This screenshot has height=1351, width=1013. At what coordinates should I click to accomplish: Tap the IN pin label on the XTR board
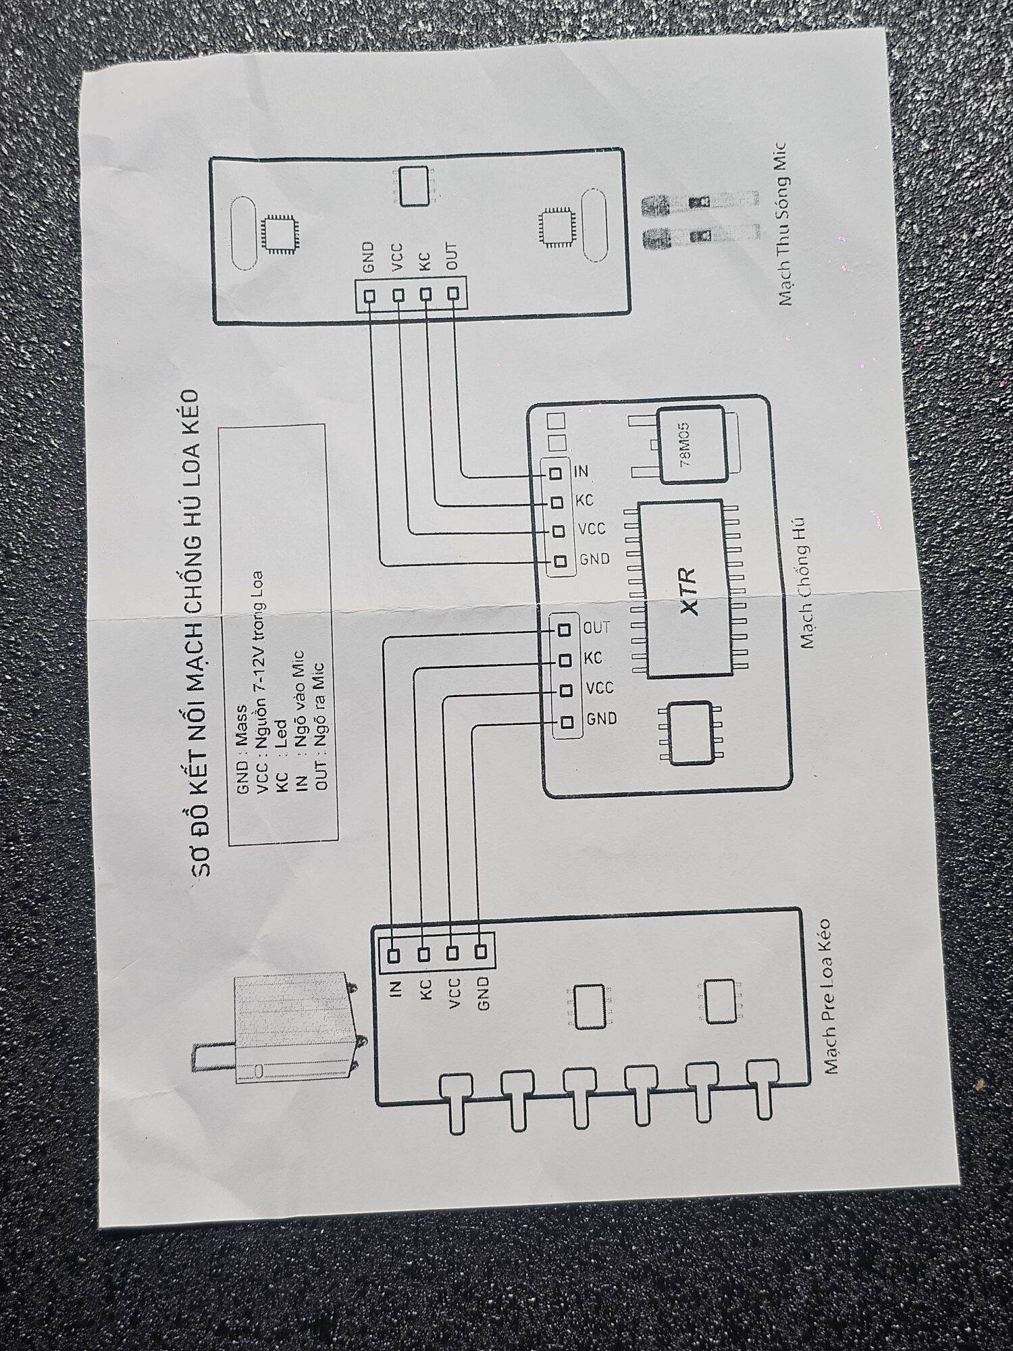click(x=581, y=471)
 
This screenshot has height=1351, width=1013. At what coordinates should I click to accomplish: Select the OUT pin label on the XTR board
click(x=596, y=628)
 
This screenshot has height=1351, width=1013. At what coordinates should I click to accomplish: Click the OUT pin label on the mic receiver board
click(x=451, y=256)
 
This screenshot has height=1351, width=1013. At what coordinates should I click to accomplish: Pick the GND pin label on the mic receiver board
click(x=368, y=257)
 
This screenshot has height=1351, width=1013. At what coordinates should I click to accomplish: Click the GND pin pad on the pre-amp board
click(x=481, y=952)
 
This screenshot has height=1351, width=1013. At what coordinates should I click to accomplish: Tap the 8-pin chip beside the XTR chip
click(x=690, y=734)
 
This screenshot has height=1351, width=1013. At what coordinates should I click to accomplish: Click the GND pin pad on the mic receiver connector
click(x=369, y=296)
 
